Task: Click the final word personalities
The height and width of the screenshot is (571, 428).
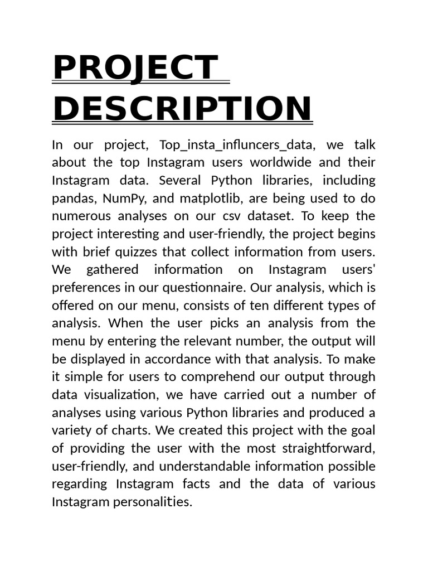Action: [x=153, y=502]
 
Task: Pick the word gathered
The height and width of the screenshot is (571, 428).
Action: [x=113, y=270]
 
